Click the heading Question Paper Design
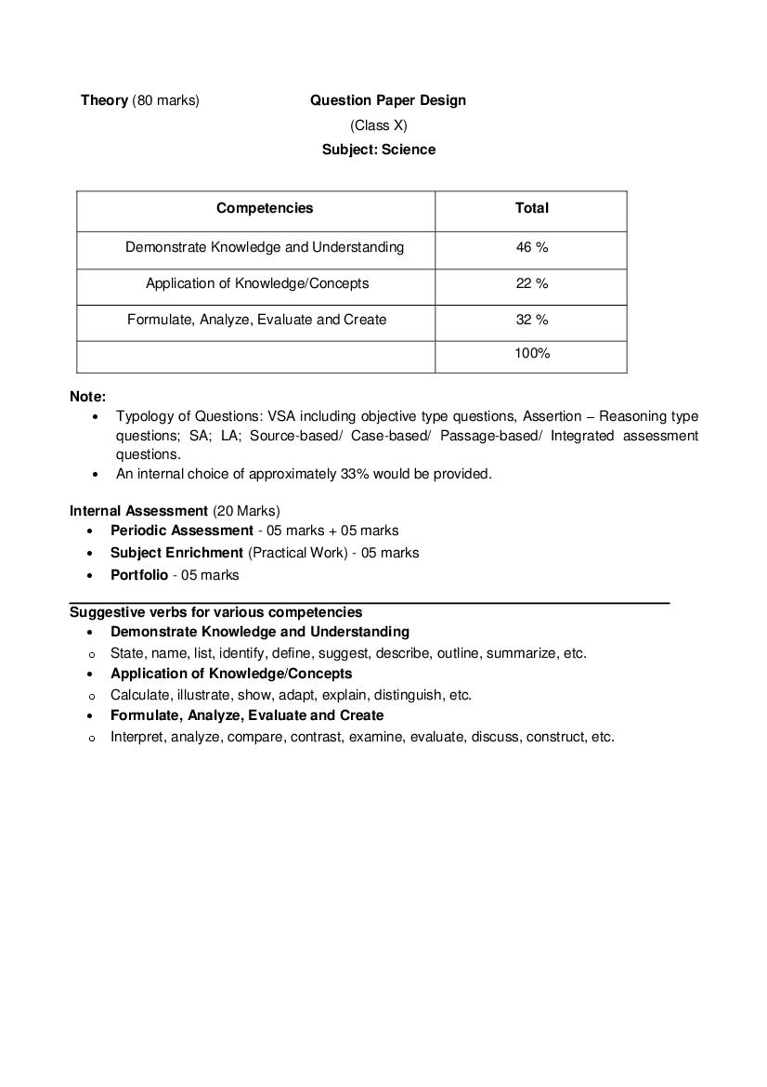tap(387, 100)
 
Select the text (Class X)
tap(378, 125)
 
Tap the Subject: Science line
tap(378, 150)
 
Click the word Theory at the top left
tap(104, 100)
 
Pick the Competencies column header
tap(265, 208)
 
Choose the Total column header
tap(531, 208)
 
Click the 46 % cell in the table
tap(531, 247)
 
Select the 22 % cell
tap(531, 283)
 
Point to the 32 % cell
tap(531, 320)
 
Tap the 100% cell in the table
tap(531, 353)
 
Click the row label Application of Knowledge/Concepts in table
tap(257, 283)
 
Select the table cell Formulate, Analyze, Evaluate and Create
tap(257, 320)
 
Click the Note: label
tap(87, 397)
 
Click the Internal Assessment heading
tap(138, 511)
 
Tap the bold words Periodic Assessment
tap(181, 530)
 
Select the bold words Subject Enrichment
tap(176, 553)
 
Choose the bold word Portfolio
tap(139, 575)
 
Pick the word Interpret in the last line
tap(136, 737)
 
